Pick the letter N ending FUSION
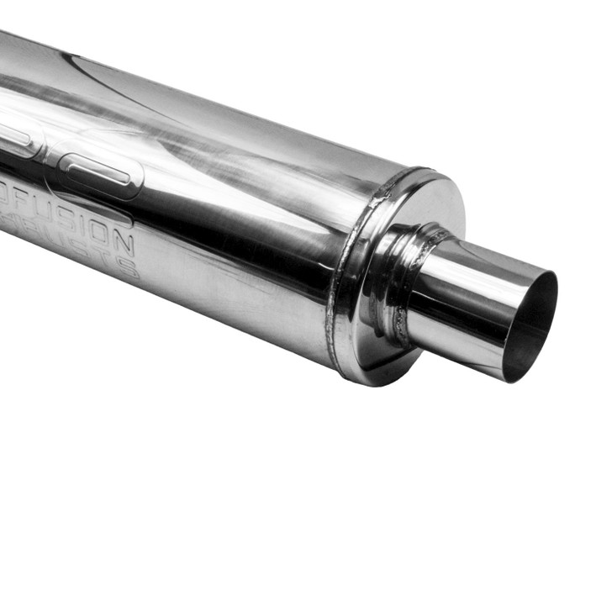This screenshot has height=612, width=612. (x=124, y=244)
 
